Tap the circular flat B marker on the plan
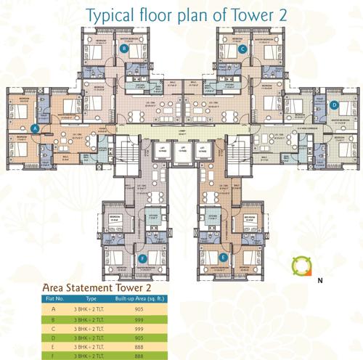point(124,49)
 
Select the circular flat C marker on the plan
point(242,49)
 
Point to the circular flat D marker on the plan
point(334,105)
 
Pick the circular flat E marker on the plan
point(224,257)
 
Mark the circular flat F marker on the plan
point(142,257)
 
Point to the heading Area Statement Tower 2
point(96,286)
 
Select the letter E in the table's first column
point(52,347)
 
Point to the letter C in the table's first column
point(52,327)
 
